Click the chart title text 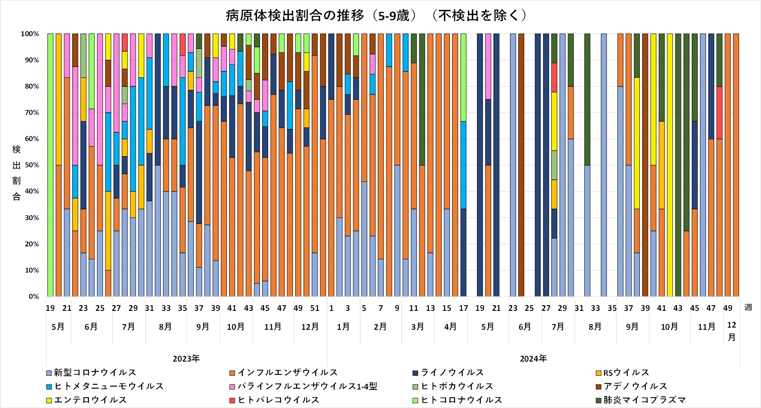(x=376, y=15)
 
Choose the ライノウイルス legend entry (x=452, y=372)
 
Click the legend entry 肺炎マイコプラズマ (x=644, y=400)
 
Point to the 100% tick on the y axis (x=30, y=34)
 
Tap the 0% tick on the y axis (x=34, y=297)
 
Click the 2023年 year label (x=186, y=359)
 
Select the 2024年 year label (x=533, y=359)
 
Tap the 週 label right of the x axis (x=748, y=307)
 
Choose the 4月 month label (x=450, y=327)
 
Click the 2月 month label (x=380, y=327)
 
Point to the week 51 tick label (x=315, y=308)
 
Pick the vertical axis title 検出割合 (x=16, y=173)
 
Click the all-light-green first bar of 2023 (x=50, y=165)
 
